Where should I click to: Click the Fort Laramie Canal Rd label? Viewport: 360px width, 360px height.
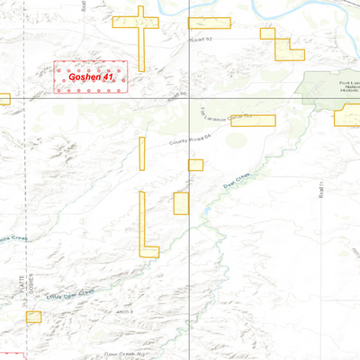(222, 116)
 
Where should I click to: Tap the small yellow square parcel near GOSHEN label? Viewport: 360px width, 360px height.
(34, 316)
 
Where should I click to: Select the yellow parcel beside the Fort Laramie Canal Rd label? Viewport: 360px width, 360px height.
(253, 121)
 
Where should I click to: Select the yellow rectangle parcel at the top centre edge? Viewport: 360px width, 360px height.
(209, 23)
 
